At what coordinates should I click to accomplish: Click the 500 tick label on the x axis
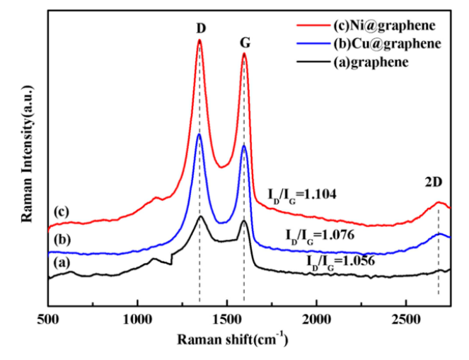coord(48,318)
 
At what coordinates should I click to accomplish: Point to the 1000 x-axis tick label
coord(137,318)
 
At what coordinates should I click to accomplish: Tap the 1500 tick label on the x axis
coord(226,318)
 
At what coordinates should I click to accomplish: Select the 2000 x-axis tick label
coord(316,318)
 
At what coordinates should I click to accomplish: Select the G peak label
coord(245,42)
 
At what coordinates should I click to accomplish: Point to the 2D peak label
coord(434,182)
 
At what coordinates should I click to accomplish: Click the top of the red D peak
coord(199,40)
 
